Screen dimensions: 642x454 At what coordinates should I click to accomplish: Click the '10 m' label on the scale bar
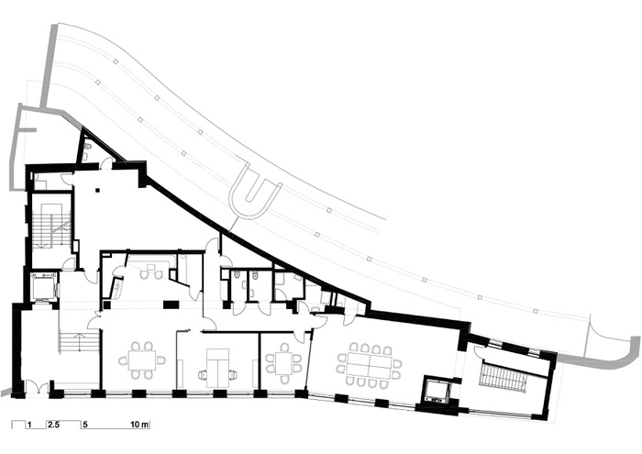(139, 425)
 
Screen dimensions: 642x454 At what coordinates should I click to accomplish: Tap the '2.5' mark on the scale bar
(53, 425)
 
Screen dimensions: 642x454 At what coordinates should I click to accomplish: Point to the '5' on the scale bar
(85, 425)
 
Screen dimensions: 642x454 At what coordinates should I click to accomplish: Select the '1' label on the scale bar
(29, 425)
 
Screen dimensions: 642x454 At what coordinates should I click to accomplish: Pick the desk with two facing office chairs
(217, 367)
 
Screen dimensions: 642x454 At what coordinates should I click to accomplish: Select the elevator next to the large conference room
(437, 389)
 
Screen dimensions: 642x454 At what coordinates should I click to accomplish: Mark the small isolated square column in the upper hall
(97, 190)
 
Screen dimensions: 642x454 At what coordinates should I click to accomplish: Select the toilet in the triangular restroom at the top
(88, 146)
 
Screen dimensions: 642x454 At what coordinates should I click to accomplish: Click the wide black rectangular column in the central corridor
(172, 305)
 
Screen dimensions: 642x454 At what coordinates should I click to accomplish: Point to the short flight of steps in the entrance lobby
(80, 341)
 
